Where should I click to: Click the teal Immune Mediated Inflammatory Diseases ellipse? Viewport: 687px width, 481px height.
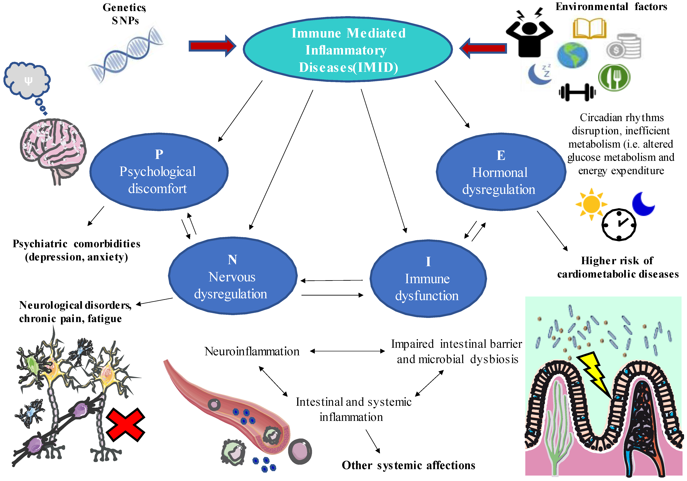[347, 49]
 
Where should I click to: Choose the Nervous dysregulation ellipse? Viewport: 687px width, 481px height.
[233, 276]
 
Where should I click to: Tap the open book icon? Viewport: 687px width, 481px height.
[589, 28]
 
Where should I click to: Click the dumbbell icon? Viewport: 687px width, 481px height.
[577, 92]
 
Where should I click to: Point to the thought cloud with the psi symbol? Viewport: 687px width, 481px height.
[27, 81]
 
